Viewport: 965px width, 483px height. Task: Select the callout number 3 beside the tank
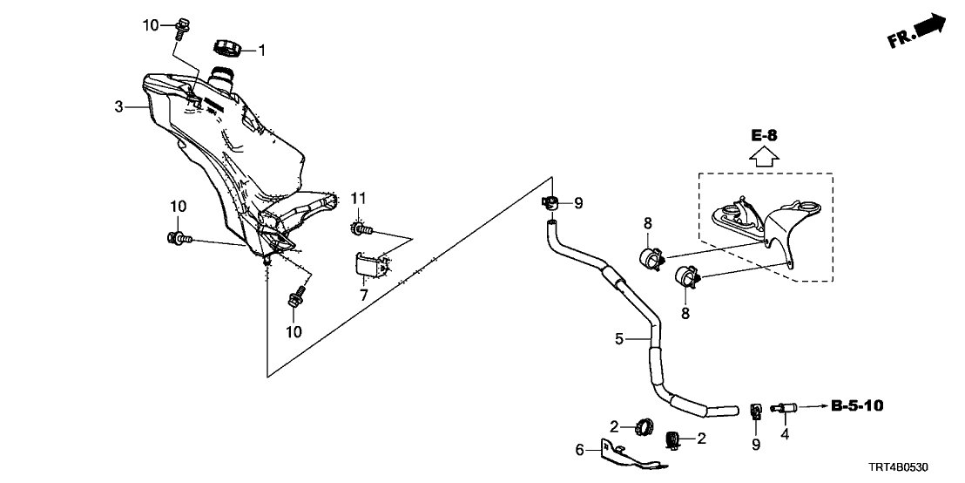(x=118, y=107)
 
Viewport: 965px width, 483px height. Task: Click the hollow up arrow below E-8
(x=764, y=158)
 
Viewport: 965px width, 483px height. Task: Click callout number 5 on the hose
(x=619, y=338)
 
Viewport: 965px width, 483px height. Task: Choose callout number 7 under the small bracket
(x=364, y=295)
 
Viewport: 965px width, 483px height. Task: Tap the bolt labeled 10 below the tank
(x=296, y=300)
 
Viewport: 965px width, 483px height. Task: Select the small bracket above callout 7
(x=369, y=265)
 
